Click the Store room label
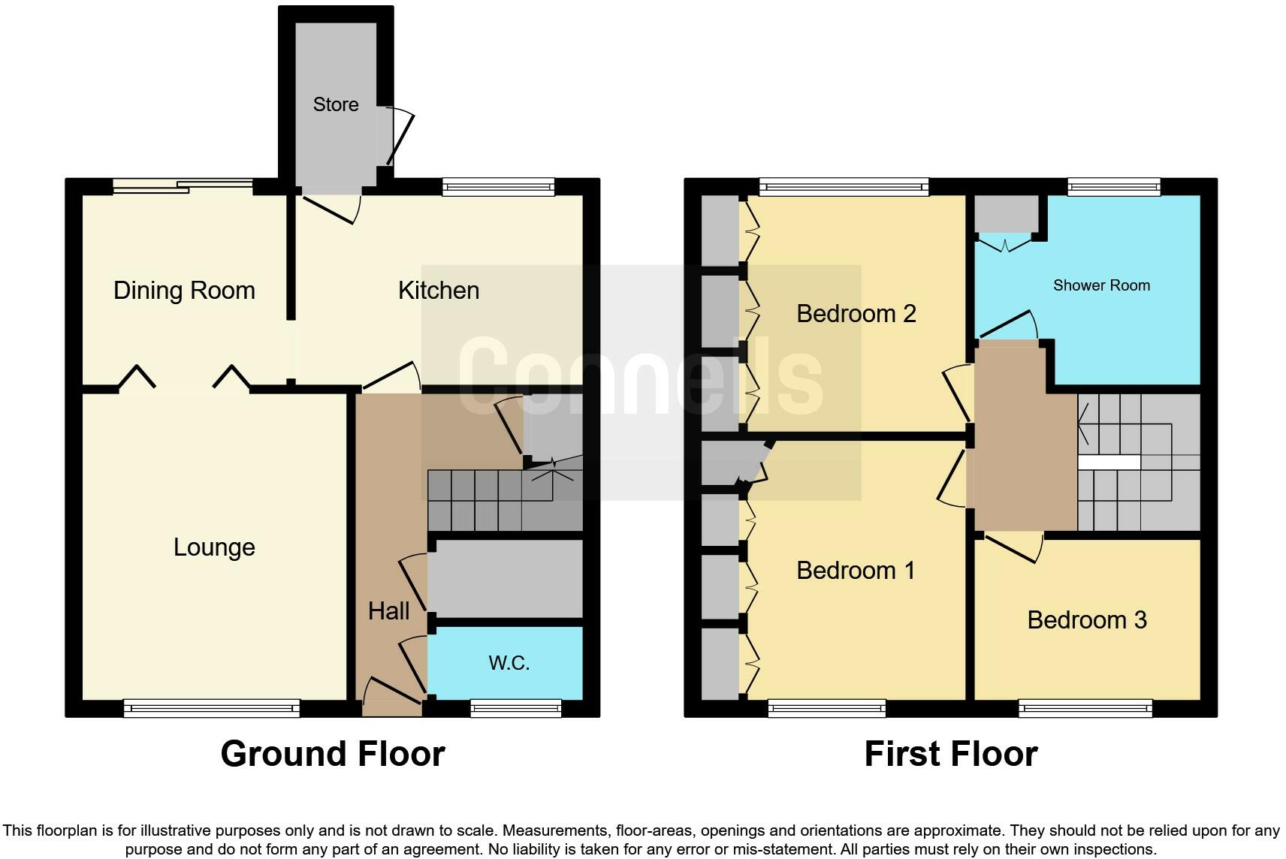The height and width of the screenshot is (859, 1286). point(335,104)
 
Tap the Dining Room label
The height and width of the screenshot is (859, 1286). point(184,291)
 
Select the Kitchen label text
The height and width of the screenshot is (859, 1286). point(439,291)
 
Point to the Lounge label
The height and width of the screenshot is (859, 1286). point(214,547)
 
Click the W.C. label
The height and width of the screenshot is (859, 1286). point(509,663)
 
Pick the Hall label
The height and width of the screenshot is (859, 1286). point(388,611)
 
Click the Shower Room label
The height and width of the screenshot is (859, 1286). point(1101,285)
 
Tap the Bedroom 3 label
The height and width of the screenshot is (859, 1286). point(1086,620)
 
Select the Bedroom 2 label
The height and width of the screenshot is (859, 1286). point(856,314)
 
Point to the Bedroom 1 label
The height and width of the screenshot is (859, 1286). point(856,571)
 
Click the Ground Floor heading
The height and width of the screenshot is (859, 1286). point(333,754)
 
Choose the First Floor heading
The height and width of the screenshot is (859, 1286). point(950,754)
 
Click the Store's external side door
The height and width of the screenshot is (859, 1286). point(398,137)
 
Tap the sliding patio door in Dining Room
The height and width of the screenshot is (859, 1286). point(183,185)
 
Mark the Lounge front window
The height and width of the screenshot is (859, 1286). point(211,707)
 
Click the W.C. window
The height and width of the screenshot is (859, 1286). point(515,707)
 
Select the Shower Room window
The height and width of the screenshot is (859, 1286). point(1114,186)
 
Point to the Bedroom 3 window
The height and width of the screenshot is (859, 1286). point(1085,707)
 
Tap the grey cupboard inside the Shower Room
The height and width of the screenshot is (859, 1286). point(1006,213)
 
